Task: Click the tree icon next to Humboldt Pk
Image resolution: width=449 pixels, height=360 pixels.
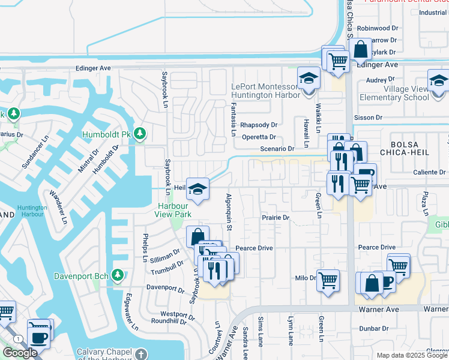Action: (x=140, y=133)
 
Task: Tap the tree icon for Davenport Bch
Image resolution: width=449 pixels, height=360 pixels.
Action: (x=118, y=275)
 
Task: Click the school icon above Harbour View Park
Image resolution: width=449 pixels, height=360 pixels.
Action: (x=197, y=189)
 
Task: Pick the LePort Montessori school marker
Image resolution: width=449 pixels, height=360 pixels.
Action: (x=309, y=79)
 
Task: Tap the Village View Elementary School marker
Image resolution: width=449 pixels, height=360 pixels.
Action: (x=438, y=80)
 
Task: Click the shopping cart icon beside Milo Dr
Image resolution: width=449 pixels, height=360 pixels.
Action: (x=328, y=280)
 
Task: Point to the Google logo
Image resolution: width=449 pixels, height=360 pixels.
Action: (x=20, y=353)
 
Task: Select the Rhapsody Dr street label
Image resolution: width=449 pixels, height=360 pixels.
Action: (x=258, y=125)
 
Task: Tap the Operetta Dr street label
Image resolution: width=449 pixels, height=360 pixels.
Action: (x=258, y=137)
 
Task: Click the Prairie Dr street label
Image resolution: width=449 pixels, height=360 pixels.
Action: (x=275, y=218)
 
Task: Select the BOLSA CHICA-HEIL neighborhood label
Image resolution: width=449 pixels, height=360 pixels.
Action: (x=415, y=150)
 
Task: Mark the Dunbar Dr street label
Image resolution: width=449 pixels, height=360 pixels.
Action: (x=374, y=329)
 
